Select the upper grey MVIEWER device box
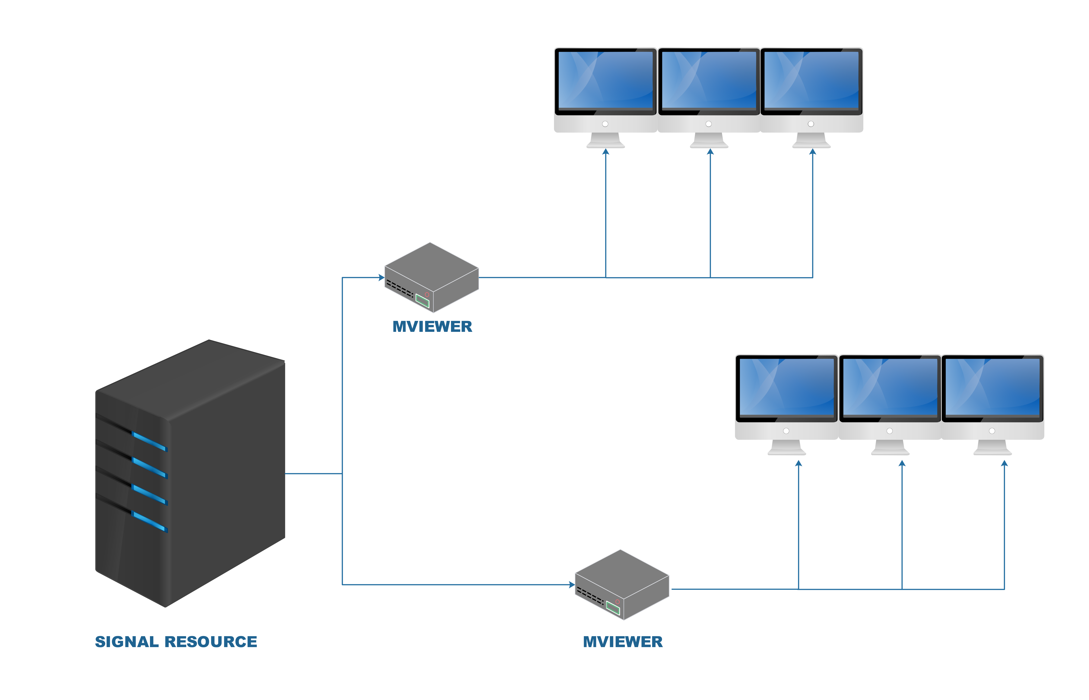coord(432,273)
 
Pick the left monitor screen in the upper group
coord(605,80)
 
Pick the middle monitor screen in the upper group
coord(709,80)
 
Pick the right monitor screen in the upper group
coord(811,80)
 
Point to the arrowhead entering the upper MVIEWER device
coord(382,277)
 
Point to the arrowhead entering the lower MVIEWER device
coord(572,585)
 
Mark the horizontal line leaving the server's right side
coord(313,474)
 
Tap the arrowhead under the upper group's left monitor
coord(606,152)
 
